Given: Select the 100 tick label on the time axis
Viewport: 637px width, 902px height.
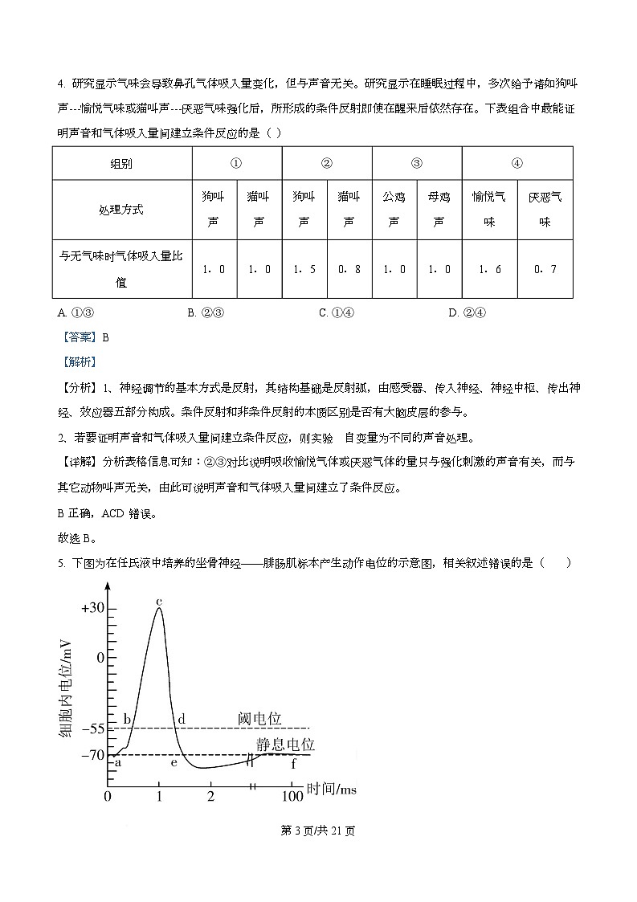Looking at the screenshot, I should coord(292,796).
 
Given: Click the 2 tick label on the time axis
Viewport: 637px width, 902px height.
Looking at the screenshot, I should coord(210,796).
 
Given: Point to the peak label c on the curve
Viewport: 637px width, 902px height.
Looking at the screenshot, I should coord(159,600).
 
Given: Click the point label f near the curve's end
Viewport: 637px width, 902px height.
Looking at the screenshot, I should coord(293,763).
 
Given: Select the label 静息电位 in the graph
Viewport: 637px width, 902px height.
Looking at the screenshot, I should coord(284,745).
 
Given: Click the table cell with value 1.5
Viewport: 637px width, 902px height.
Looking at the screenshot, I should coord(304,269).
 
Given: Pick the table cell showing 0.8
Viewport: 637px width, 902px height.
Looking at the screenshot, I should coord(349,269).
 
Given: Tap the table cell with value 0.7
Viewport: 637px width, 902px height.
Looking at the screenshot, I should coord(545,269).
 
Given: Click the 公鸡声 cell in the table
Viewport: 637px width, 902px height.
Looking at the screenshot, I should coord(394,210).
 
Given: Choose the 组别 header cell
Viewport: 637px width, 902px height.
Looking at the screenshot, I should coord(121,163).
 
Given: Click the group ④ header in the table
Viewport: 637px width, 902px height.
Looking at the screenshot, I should coord(517,163).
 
